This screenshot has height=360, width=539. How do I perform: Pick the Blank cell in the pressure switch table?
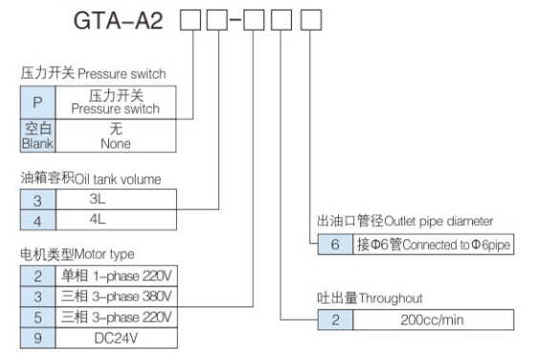pyautogui.click(x=37, y=136)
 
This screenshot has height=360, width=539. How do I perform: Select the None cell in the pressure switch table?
pyautogui.click(x=116, y=136)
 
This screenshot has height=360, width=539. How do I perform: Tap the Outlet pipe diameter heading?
pyautogui.click(x=412, y=222)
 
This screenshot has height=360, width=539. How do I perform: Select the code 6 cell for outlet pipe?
pyautogui.click(x=335, y=244)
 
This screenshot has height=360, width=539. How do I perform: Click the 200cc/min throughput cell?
pyautogui.click(x=435, y=320)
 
